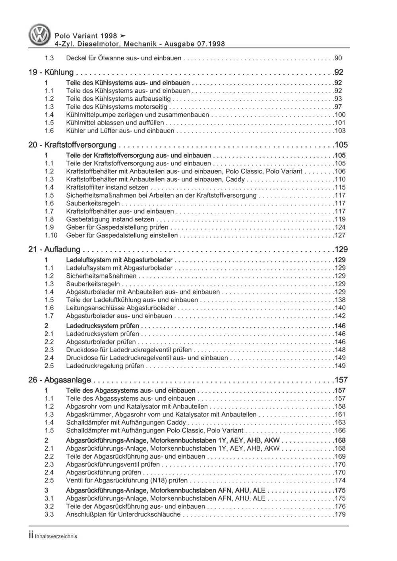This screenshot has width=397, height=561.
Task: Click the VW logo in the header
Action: (40, 35)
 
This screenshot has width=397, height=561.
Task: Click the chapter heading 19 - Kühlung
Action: (51, 72)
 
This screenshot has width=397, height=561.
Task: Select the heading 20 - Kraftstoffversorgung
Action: (72, 145)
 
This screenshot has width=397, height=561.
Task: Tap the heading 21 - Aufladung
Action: (54, 250)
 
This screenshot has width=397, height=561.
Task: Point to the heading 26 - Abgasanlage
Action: (60, 380)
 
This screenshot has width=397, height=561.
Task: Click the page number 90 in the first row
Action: (338, 58)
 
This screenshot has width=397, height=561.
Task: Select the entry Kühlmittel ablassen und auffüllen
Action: (115, 123)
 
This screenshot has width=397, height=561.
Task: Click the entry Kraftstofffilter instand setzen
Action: (107, 187)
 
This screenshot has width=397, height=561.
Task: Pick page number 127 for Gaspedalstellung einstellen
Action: (340, 235)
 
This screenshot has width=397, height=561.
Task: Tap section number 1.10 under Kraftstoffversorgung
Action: (51, 235)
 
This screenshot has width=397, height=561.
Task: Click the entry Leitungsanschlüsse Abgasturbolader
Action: (121, 308)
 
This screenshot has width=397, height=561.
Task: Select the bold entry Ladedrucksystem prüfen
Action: (103, 326)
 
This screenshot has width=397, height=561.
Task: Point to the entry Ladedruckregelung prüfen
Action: (105, 366)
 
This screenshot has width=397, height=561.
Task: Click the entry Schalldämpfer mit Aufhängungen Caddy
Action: (126, 423)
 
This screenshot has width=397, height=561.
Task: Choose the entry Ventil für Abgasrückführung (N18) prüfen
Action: (127, 480)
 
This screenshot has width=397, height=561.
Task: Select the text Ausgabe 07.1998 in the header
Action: (196, 44)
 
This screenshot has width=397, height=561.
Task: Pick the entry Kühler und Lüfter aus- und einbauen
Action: (120, 131)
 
